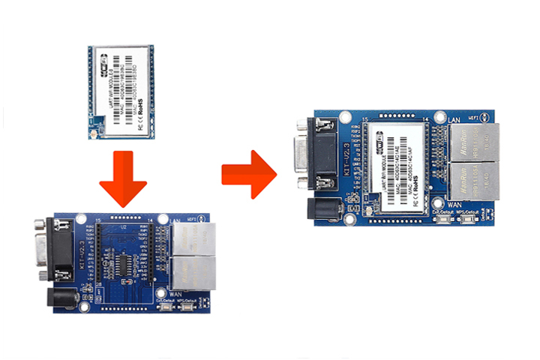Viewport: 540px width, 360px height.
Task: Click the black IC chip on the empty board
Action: [122, 265]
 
